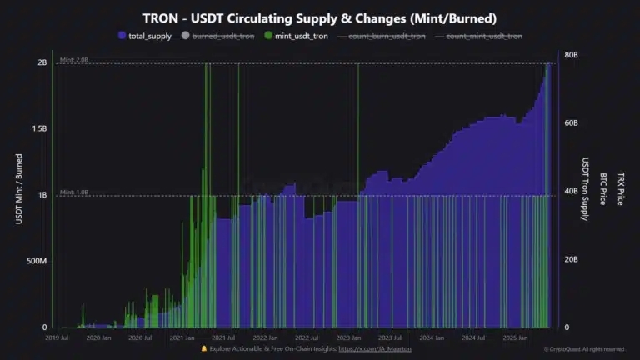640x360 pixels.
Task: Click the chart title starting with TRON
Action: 319,18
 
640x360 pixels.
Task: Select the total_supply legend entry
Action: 149,36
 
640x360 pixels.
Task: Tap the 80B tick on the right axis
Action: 572,55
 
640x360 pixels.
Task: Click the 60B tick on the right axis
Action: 572,123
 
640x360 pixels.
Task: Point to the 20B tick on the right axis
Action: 572,260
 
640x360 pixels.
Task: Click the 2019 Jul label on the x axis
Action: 57,338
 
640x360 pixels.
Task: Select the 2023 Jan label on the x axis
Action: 348,338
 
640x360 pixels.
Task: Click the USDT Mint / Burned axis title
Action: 19,187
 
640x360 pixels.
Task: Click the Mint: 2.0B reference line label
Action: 73,59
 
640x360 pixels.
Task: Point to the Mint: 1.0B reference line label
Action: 73,192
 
